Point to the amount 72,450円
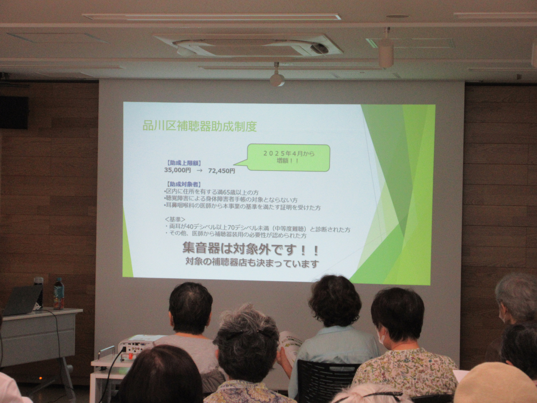click(x=222, y=171)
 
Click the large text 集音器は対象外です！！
click(x=251, y=249)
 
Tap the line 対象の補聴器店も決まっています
click(x=252, y=263)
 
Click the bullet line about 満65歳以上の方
click(x=212, y=193)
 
